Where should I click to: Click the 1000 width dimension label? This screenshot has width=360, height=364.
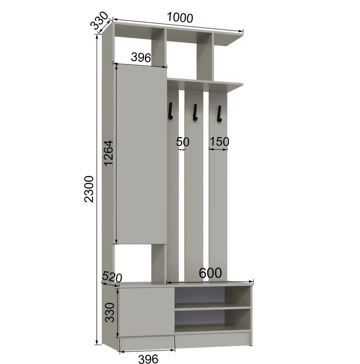[180, 17]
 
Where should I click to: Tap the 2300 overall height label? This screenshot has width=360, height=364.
[89, 189]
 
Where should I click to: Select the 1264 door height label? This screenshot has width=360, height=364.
[109, 153]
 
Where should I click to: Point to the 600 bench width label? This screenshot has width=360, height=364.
[210, 273]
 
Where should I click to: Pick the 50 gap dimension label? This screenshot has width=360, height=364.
[183, 142]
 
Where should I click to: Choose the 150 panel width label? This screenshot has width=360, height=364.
[219, 141]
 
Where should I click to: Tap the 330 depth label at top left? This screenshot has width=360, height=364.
[99, 21]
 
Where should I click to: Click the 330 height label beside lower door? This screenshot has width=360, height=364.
[110, 312]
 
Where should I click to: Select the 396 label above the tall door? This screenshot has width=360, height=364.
[141, 57]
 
